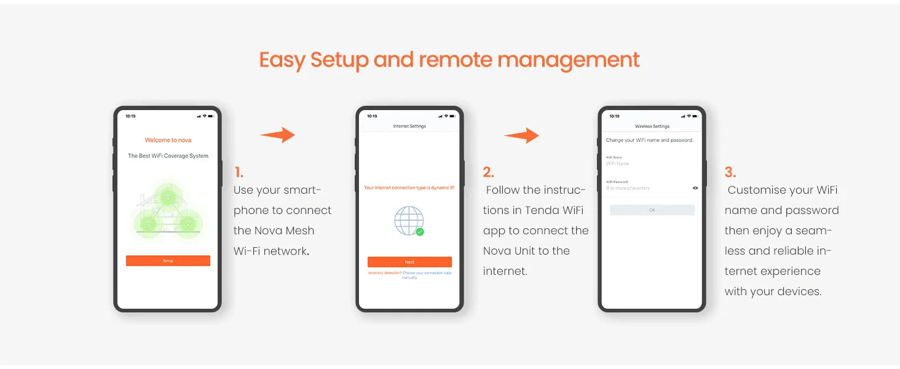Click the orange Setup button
(x=168, y=261)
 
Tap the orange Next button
(x=409, y=262)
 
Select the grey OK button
(x=652, y=210)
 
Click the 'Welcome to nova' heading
(x=168, y=140)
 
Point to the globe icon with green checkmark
(x=409, y=221)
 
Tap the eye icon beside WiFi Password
(x=695, y=188)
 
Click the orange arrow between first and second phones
(x=277, y=135)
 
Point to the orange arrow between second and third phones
(x=521, y=136)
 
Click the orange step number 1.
(x=239, y=172)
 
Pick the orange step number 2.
(x=488, y=172)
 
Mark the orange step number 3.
(x=730, y=172)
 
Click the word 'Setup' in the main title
(x=339, y=60)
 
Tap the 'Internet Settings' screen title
(x=409, y=126)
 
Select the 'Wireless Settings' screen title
(x=652, y=126)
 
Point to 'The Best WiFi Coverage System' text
(x=168, y=156)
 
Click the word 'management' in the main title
(x=568, y=60)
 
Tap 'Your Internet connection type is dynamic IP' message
(x=409, y=188)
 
